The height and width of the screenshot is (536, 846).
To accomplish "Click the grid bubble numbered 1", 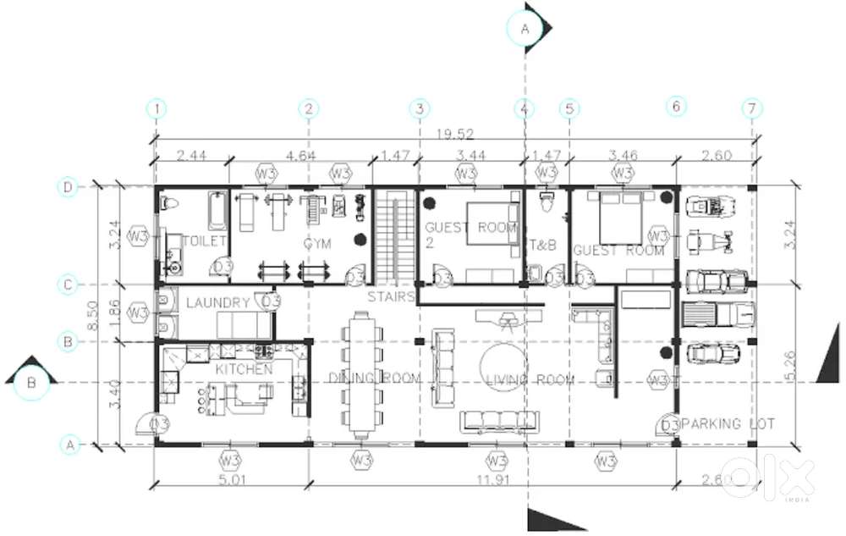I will (x=157, y=108).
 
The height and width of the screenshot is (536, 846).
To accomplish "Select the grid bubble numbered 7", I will (x=752, y=108).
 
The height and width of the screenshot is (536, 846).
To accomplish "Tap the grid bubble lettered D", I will (x=69, y=187).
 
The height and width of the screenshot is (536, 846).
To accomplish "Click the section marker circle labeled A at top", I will (x=524, y=28).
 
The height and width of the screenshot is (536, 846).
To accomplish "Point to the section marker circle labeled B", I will (x=31, y=383).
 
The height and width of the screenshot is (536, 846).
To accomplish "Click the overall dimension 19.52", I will (x=454, y=133).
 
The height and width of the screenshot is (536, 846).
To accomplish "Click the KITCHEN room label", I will (x=244, y=370).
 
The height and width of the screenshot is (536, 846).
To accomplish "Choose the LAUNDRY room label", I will (x=217, y=303).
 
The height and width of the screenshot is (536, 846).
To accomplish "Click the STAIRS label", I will (x=391, y=296).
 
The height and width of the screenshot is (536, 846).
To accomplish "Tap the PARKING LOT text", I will (x=728, y=423).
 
